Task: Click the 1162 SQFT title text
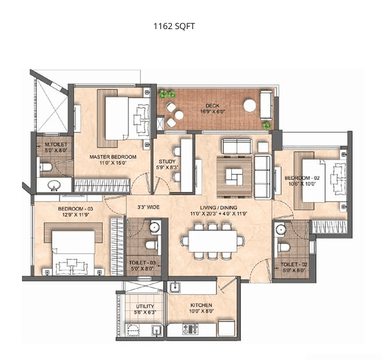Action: point(173,26)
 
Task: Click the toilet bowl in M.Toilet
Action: point(46,169)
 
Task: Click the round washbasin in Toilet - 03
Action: point(155,228)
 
